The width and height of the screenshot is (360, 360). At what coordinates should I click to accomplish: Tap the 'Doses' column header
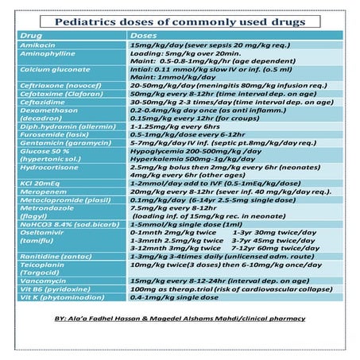[x=143, y=37]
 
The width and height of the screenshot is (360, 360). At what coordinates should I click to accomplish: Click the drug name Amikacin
[x=33, y=47]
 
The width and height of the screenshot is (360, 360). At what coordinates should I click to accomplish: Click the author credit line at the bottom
[x=180, y=339]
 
